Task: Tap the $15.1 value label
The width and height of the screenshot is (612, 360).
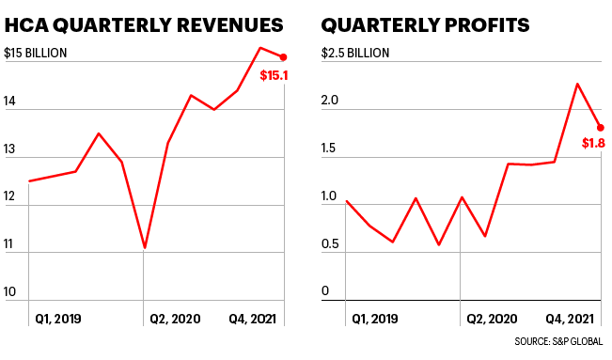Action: pos(274,75)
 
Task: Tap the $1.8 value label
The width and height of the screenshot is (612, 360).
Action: pos(593,144)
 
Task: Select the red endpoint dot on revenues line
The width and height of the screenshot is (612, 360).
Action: pos(283,57)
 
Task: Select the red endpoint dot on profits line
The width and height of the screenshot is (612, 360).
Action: pos(600,128)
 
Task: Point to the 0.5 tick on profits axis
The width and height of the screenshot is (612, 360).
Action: pos(330,244)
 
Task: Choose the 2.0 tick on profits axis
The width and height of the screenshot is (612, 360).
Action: pos(330,101)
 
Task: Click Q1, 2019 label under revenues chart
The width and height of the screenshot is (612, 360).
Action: pos(58,319)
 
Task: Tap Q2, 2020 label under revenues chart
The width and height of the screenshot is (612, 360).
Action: pos(177,319)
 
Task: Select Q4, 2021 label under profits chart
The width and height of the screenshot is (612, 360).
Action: pos(571,319)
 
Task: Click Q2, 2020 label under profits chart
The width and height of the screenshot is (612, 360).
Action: pos(493,319)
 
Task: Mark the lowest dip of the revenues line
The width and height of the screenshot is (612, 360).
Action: pos(144,248)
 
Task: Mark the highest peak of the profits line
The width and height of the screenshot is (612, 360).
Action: pos(576,84)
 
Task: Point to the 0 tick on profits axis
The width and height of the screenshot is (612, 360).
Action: pos(325,292)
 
